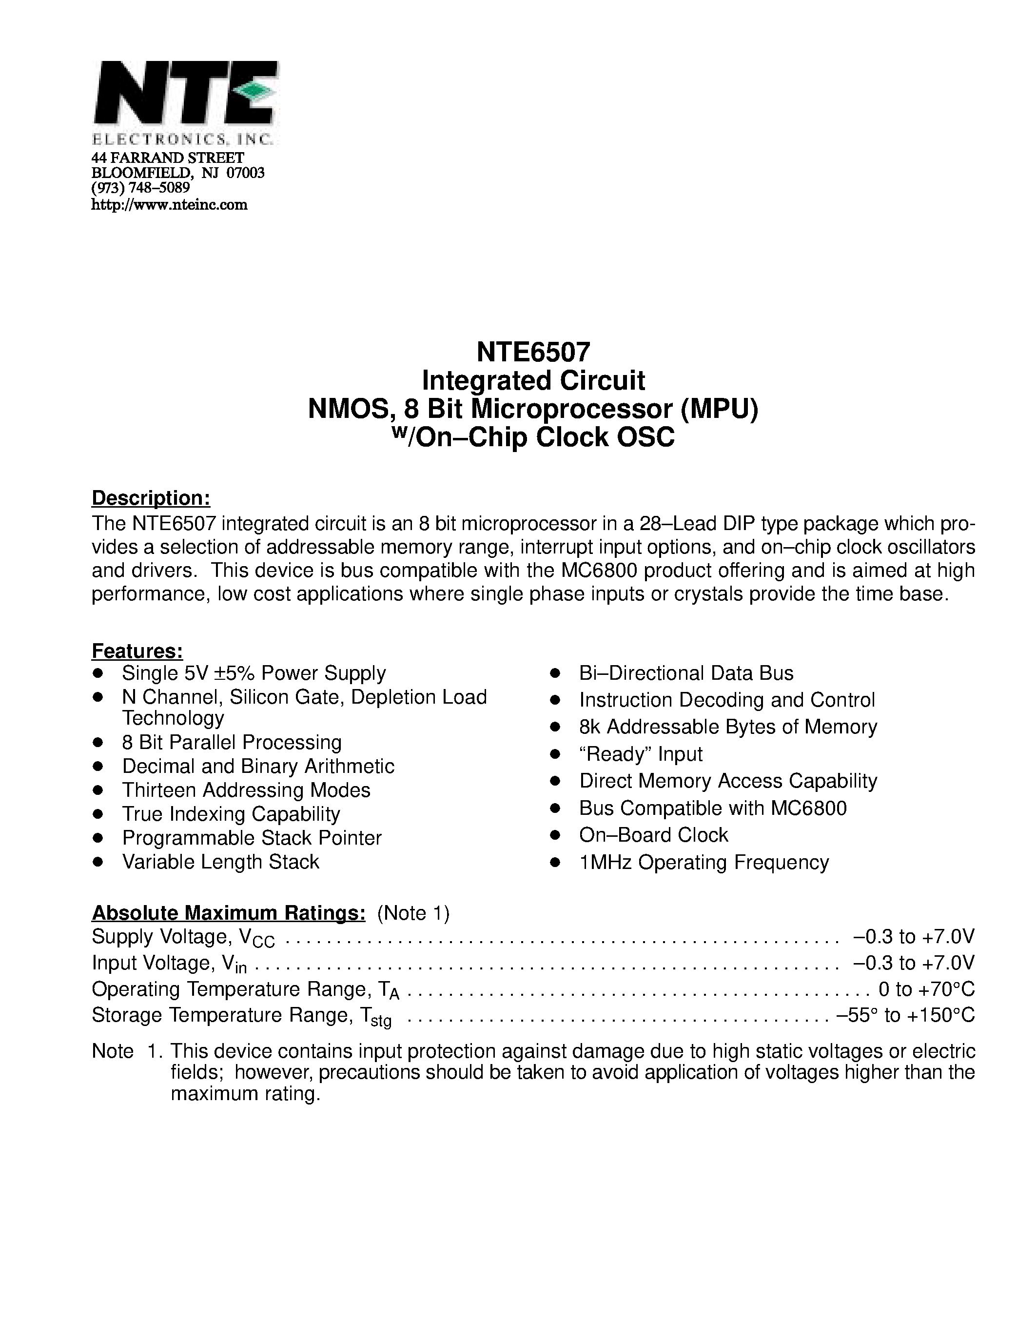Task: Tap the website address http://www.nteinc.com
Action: pos(169,205)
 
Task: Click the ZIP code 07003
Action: pos(246,173)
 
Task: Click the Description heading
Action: pos(151,498)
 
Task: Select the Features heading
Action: pos(137,651)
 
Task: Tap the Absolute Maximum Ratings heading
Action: pos(228,913)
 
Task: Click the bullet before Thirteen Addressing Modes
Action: pos(98,790)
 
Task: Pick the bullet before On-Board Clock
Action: pos(555,835)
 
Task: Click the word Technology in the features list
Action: pos(173,718)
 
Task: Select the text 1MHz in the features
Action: pos(606,863)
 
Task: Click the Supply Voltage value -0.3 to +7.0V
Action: pos(913,937)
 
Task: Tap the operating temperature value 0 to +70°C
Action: pos(926,989)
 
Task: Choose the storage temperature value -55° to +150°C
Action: pos(905,1016)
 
